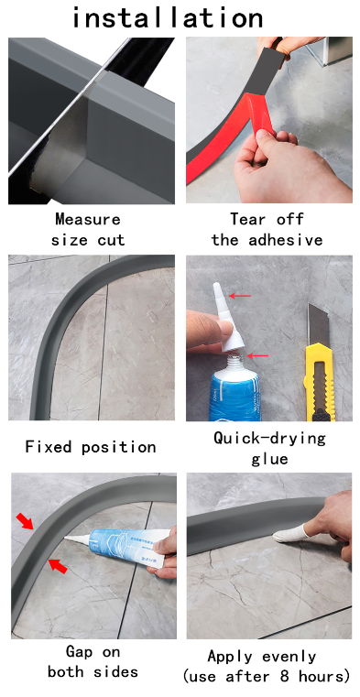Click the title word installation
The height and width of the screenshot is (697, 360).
(x=168, y=17)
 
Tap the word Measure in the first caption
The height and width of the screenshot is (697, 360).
(x=88, y=219)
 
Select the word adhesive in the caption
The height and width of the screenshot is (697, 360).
(x=285, y=240)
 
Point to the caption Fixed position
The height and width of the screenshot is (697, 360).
(x=90, y=446)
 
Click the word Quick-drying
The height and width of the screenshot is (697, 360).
(x=269, y=438)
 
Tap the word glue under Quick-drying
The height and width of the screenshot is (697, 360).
(x=269, y=459)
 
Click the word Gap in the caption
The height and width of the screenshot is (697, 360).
(x=79, y=652)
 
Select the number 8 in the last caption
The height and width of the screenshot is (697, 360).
(x=285, y=677)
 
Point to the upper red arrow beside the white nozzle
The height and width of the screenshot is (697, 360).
(x=240, y=296)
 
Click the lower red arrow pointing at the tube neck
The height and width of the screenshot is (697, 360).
(x=257, y=355)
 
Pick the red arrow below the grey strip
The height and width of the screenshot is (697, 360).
(x=58, y=565)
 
